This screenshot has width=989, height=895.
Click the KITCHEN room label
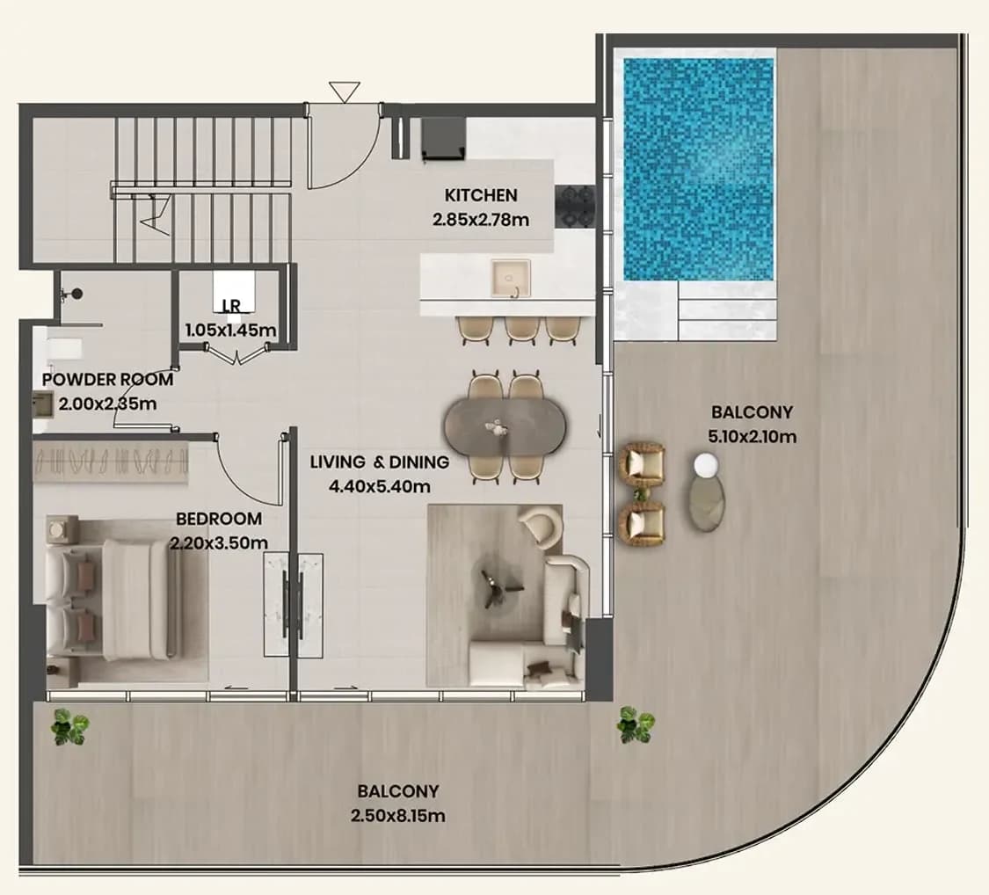[481, 195]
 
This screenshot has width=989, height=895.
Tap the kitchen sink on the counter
[511, 279]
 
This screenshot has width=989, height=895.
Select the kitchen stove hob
[575, 207]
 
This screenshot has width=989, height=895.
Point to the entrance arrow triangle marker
[345, 92]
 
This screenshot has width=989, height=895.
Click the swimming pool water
[698, 170]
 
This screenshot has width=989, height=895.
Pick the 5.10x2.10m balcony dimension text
[752, 436]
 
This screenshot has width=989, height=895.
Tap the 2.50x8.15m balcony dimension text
[398, 816]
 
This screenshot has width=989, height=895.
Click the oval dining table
[505, 427]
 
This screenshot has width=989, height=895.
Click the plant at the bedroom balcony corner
[69, 726]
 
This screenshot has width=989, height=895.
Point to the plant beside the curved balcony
[636, 724]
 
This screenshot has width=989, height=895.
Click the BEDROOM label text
[219, 519]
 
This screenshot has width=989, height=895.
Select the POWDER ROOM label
[107, 380]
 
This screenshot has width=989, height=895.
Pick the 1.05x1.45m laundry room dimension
[231, 330]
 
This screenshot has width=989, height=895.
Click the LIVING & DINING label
[379, 462]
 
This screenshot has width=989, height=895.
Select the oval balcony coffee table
[705, 504]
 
